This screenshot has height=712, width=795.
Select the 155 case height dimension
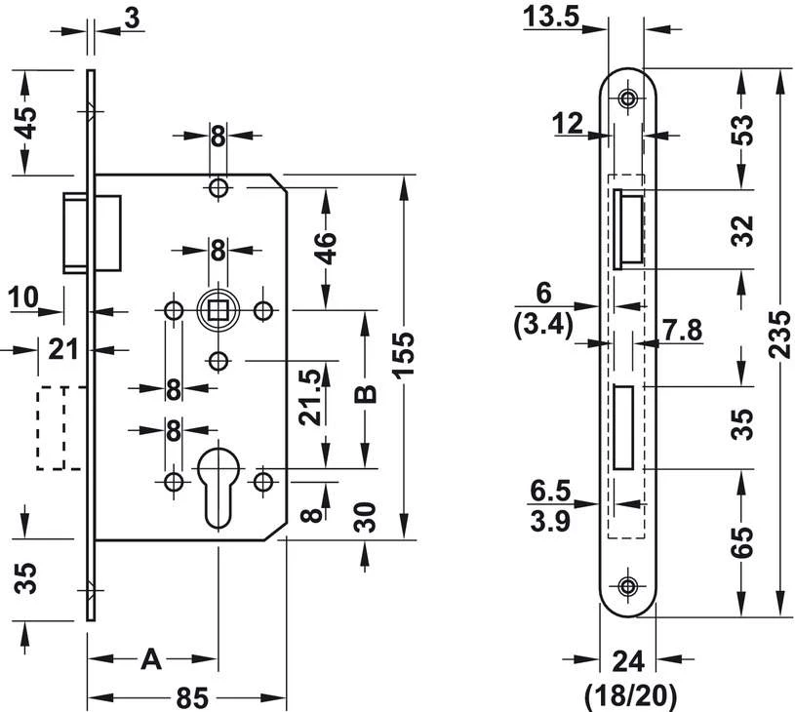(404, 354)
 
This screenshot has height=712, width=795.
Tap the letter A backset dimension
(151, 659)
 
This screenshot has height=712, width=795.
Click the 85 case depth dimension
(193, 697)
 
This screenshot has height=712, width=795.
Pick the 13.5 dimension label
(551, 17)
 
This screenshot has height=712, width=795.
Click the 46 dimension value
(326, 248)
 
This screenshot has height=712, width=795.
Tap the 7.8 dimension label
(683, 330)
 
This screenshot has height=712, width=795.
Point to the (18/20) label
(631, 696)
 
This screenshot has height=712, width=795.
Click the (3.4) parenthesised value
(543, 325)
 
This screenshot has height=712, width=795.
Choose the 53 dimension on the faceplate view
(742, 131)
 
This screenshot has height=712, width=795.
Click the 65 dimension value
(742, 542)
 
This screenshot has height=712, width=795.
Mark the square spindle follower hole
(219, 310)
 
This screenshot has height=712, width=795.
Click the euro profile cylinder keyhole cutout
(219, 487)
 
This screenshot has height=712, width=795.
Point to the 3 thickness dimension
(132, 19)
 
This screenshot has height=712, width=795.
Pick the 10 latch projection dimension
(23, 297)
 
